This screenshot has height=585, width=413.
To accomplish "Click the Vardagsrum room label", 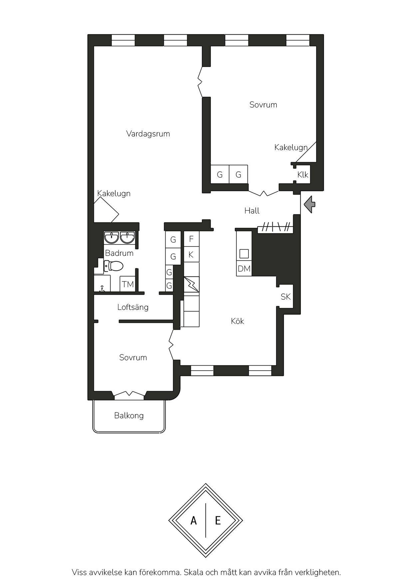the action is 148,134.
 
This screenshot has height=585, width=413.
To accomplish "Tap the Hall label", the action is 252,211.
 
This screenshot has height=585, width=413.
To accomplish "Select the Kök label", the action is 237,321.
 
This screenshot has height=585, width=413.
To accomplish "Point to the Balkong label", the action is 129,416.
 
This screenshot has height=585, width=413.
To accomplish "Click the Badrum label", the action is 119,253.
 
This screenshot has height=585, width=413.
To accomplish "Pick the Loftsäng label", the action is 133,307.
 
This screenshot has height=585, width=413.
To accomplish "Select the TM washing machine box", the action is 128,284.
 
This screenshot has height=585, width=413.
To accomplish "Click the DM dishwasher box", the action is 244,269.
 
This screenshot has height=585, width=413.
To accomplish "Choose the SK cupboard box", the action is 286,297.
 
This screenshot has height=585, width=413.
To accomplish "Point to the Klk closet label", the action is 303,175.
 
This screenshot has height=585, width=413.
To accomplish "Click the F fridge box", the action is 192,239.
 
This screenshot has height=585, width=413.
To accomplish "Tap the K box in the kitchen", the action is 191,255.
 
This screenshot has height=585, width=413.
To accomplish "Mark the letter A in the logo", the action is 194,521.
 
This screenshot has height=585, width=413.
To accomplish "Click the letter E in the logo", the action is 218,521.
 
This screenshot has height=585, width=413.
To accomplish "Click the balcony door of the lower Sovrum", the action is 129,395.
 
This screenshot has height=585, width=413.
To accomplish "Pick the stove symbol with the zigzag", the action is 192,284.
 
